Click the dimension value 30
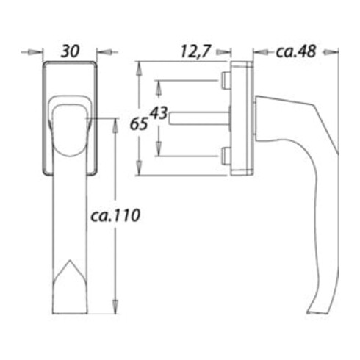[x=71, y=51]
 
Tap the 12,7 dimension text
[x=196, y=51]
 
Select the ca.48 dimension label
[x=296, y=51]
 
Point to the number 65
[x=139, y=123]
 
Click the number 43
[x=159, y=113]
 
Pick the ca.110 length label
[x=115, y=215]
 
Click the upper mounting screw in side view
[x=226, y=81]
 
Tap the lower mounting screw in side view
[x=226, y=156]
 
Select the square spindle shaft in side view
[x=199, y=118]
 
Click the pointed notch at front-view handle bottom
[x=70, y=260]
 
